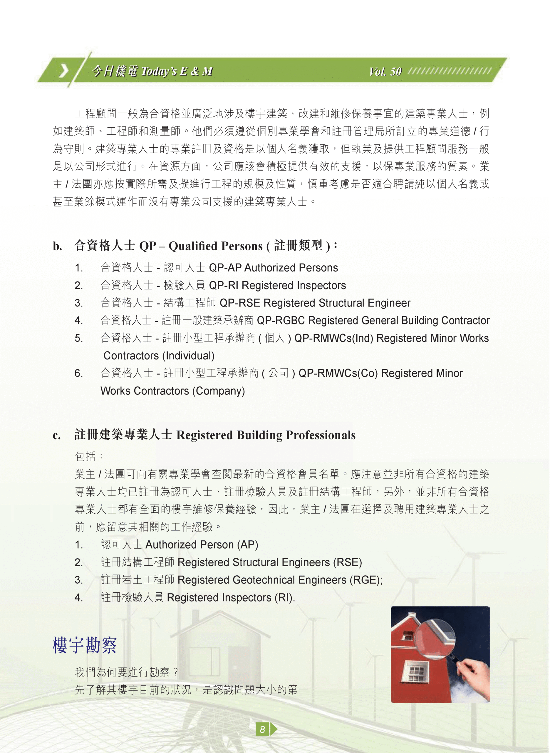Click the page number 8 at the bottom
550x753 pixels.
pos(262,729)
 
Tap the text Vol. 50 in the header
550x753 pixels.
pos(385,71)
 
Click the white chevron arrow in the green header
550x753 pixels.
pos(63,71)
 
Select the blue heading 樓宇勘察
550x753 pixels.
pos(85,645)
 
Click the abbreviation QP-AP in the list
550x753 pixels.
pos(225,268)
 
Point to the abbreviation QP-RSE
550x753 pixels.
pos(240,303)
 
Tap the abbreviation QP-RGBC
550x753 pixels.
pos(281,320)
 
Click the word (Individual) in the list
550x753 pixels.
pos(188,356)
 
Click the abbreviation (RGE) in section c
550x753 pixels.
pos(365,580)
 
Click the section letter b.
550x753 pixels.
pos(57,246)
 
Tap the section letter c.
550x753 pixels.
pos(57,435)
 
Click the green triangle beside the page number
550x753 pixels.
pos(274,729)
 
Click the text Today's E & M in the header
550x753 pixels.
pos(177,71)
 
